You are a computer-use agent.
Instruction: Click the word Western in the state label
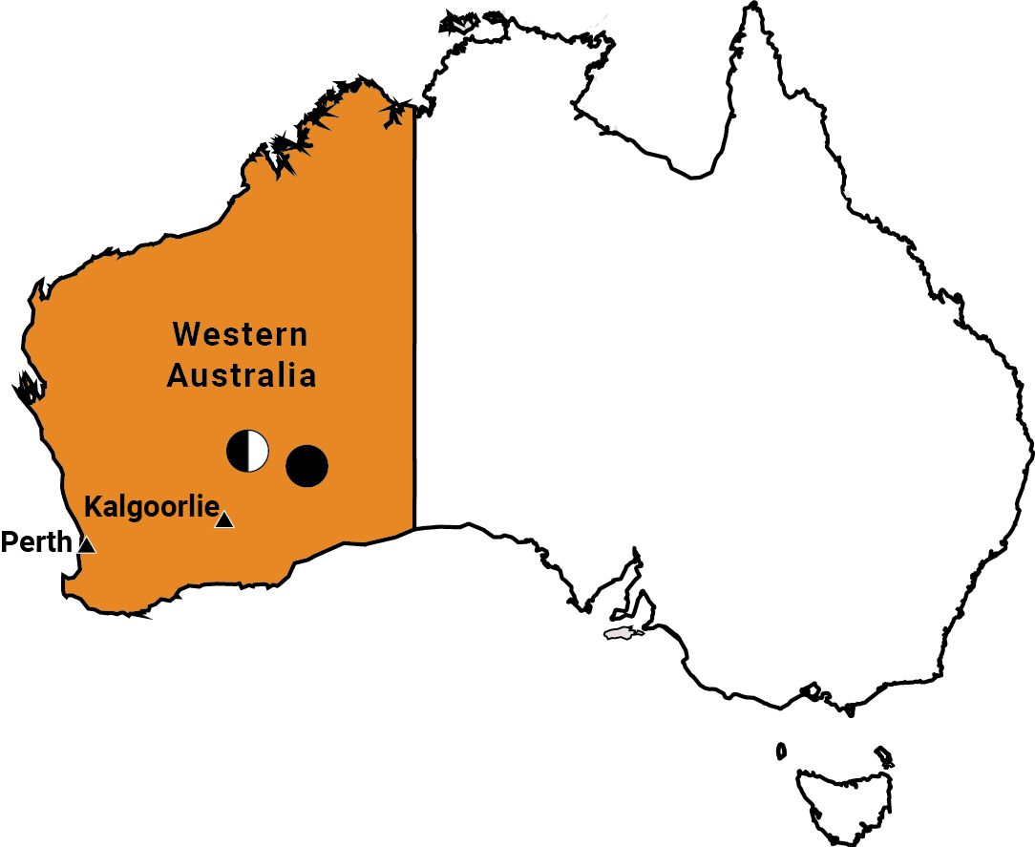pyautogui.click(x=241, y=335)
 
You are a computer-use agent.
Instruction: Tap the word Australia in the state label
pyautogui.click(x=241, y=375)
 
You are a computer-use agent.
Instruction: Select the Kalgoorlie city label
pyautogui.click(x=153, y=507)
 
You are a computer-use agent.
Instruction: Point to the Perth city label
pyautogui.click(x=36, y=542)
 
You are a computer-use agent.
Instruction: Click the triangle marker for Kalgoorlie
pyautogui.click(x=224, y=520)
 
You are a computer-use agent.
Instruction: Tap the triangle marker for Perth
pyautogui.click(x=87, y=545)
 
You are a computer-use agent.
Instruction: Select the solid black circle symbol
pyautogui.click(x=307, y=466)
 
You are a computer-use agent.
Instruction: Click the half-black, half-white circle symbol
pyautogui.click(x=248, y=451)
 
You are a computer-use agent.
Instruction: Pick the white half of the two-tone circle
pyautogui.click(x=258, y=451)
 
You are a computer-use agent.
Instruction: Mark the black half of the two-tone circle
pyautogui.click(x=238, y=451)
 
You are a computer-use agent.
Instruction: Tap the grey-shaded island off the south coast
pyautogui.click(x=623, y=633)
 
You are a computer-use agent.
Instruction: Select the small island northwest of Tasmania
pyautogui.click(x=781, y=752)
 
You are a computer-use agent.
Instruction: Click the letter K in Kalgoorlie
pyautogui.click(x=94, y=506)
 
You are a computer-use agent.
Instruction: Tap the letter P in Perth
pyautogui.click(x=9, y=542)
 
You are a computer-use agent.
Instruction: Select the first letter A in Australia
pyautogui.click(x=179, y=375)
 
